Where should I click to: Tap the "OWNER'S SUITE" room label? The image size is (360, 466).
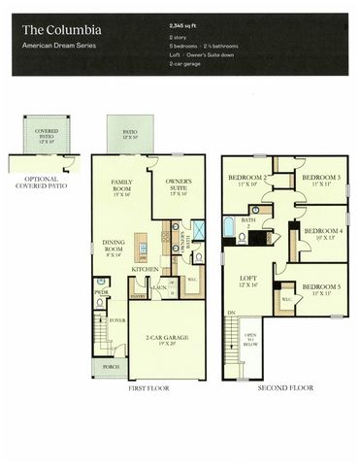click(x=178, y=187)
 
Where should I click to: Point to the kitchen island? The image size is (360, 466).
click(x=144, y=257)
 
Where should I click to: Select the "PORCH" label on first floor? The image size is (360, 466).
click(x=107, y=367)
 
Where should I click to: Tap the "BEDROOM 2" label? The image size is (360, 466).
click(x=247, y=180)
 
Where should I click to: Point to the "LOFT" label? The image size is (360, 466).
click(x=248, y=281)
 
